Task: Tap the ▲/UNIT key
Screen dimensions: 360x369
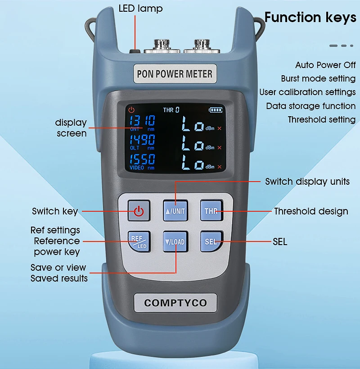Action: coord(175,210)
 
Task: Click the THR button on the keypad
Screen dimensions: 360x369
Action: coord(211,210)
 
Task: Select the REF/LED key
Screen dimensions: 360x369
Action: coord(139,241)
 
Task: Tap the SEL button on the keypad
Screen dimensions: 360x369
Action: coord(211,241)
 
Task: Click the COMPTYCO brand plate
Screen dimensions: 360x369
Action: coord(175,303)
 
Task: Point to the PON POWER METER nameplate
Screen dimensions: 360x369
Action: coord(175,74)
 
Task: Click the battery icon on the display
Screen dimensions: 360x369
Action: coord(216,110)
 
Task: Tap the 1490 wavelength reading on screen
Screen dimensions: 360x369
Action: coord(142,140)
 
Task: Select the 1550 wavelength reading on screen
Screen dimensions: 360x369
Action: coord(142,159)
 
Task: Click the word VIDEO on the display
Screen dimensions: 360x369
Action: coord(137,168)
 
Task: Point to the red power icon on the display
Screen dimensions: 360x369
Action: coord(131,110)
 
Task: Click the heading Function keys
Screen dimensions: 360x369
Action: coord(310,18)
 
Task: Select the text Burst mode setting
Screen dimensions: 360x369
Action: coord(318,78)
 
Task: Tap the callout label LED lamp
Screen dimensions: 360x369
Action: coord(140,9)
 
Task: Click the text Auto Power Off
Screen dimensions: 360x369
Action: coord(325,65)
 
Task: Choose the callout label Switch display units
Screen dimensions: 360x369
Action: coord(307,182)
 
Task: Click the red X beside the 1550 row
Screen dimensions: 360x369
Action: coord(220,167)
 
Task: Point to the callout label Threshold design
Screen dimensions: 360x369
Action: coord(311,212)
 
